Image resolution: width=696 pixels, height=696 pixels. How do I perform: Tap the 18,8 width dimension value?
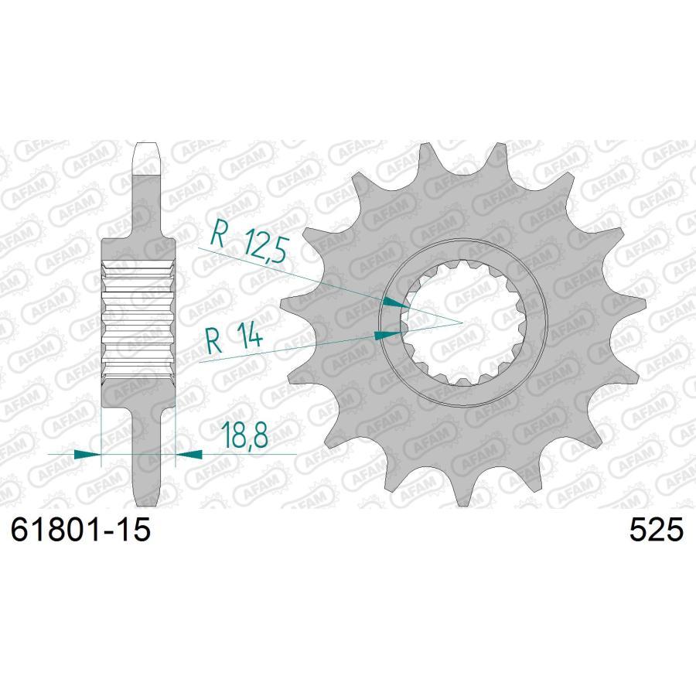tap(244, 436)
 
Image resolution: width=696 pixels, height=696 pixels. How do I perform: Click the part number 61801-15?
tap(78, 531)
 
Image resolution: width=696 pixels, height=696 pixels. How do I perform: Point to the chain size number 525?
tap(657, 531)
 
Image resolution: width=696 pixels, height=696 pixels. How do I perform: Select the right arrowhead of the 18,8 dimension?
tap(189, 454)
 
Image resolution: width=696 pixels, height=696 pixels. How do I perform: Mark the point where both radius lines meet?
tap(462, 320)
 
